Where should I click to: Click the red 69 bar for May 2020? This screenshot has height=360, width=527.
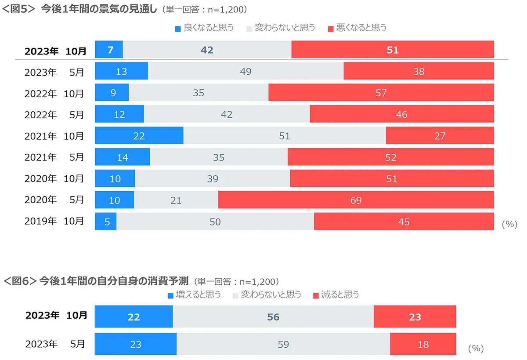click(356, 200)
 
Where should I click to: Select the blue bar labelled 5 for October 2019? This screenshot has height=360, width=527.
click(106, 222)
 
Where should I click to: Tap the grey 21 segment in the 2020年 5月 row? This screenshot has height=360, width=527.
click(176, 200)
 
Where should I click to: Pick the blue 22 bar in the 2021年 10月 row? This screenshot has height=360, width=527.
click(139, 136)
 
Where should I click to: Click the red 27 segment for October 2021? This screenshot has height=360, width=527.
click(440, 136)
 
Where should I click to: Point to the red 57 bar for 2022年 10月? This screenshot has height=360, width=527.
click(381, 93)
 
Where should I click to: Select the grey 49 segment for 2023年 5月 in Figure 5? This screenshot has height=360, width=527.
click(245, 71)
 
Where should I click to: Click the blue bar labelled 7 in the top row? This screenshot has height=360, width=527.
click(109, 50)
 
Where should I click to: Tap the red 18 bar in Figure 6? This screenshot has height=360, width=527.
click(423, 344)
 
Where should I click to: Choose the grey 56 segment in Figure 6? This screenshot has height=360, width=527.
click(273, 317)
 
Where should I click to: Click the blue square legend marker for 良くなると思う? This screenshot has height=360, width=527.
click(178, 29)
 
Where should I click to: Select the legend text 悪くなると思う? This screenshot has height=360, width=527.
click(361, 28)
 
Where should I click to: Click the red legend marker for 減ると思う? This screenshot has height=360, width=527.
click(315, 295)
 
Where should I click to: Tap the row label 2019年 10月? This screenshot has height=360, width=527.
click(54, 222)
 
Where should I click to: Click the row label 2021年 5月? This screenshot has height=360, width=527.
click(54, 157)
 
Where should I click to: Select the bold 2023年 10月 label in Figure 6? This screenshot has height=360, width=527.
click(56, 316)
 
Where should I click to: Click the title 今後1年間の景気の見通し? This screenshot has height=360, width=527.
click(98, 9)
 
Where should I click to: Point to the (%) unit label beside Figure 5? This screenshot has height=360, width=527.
click(509, 224)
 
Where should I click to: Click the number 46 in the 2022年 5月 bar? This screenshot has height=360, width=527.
click(401, 114)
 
